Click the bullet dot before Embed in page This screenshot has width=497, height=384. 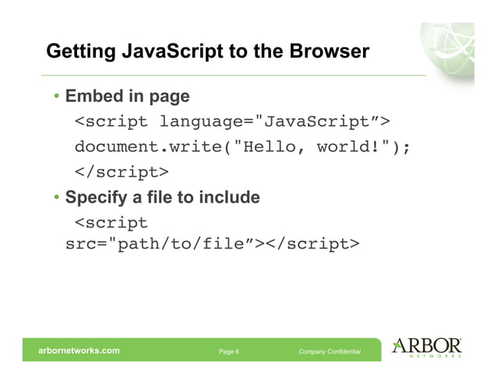coord(57,97)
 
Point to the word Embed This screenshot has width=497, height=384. coord(90,97)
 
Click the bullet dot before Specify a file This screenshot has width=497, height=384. coord(57,198)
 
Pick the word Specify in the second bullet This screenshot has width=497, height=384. coord(96,198)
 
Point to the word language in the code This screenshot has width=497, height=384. coord(200,122)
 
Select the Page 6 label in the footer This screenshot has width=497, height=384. coord(229,352)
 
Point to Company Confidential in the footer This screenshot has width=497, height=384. coord(330,352)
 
